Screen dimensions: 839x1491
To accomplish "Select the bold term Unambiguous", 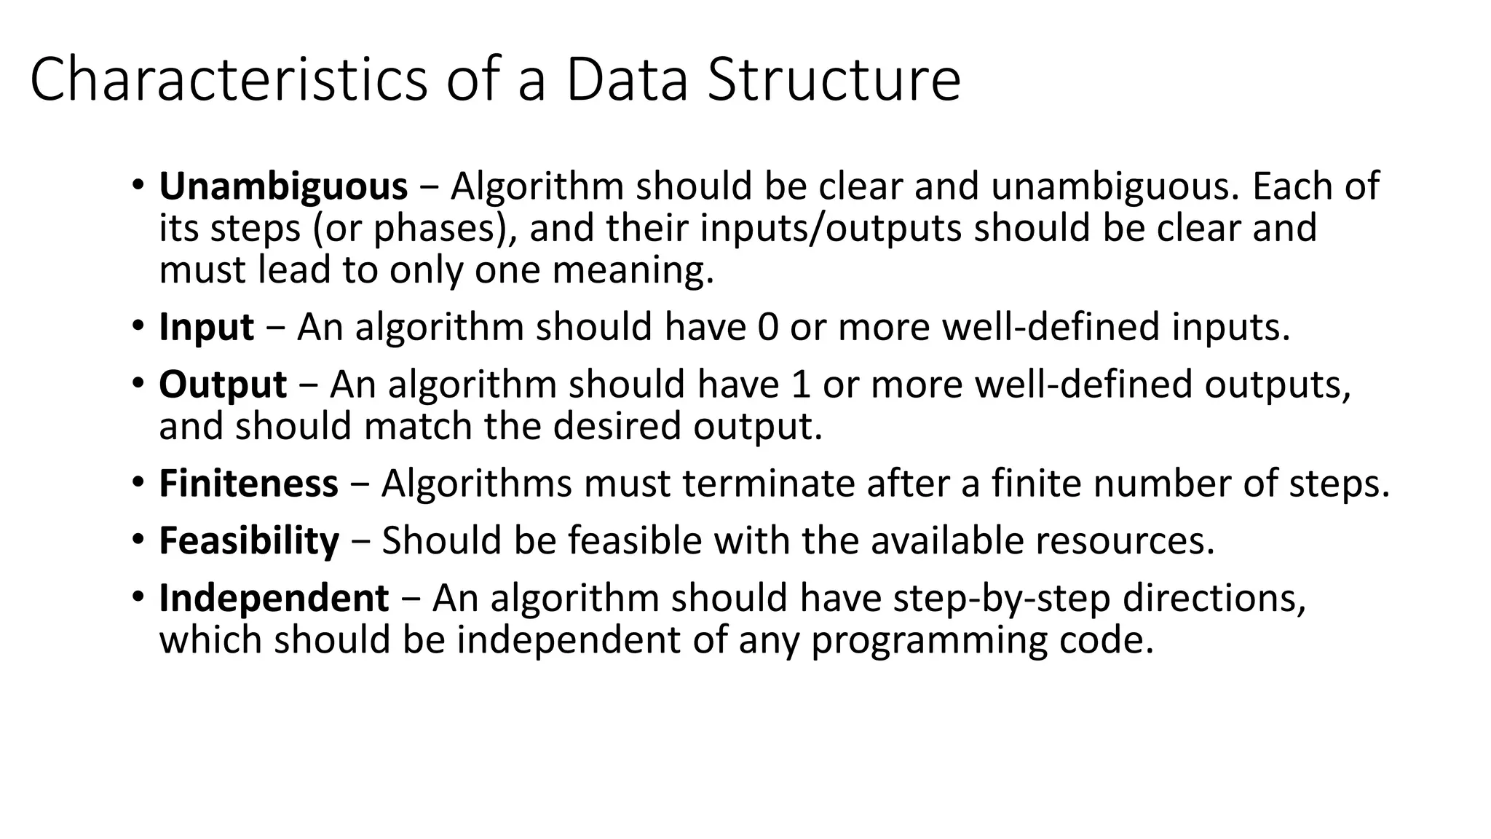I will coord(283,186).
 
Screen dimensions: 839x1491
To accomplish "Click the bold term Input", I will coord(207,327).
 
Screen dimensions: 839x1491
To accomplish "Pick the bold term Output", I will coord(223,385).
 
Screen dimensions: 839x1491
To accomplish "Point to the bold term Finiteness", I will coord(248,484).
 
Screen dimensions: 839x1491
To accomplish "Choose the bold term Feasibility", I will coord(249,541).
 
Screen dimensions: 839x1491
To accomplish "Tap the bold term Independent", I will coord(274,599).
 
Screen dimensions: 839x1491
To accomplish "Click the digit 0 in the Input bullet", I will coord(768,327).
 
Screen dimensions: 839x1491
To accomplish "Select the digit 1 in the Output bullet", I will coord(801,385).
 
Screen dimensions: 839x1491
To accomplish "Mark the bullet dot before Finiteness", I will coord(138,482).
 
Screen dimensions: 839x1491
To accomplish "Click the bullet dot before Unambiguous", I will coord(138,185).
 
